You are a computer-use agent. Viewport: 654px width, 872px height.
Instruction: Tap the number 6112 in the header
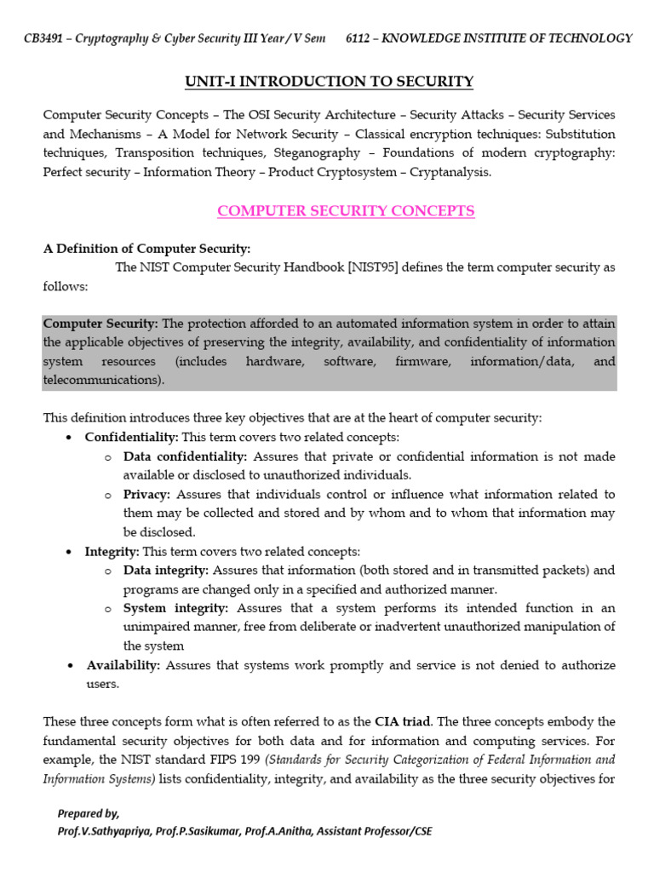[360, 37]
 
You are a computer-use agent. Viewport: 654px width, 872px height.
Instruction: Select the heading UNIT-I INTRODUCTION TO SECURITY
[329, 82]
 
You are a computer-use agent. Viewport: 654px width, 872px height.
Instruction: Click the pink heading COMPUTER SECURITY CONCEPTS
[346, 211]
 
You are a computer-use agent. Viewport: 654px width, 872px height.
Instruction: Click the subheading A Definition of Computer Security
[146, 249]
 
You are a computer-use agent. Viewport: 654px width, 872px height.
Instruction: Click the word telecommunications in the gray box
[103, 380]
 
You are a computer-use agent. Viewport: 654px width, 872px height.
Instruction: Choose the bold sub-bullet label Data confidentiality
[185, 456]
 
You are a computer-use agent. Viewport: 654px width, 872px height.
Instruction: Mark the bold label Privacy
[146, 494]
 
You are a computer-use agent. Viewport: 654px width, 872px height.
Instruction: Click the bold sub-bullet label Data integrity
[165, 570]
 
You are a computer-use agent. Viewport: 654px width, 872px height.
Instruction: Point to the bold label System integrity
[175, 608]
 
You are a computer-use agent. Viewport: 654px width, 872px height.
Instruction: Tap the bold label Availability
[123, 665]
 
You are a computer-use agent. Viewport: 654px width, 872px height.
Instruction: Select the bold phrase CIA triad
[402, 721]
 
